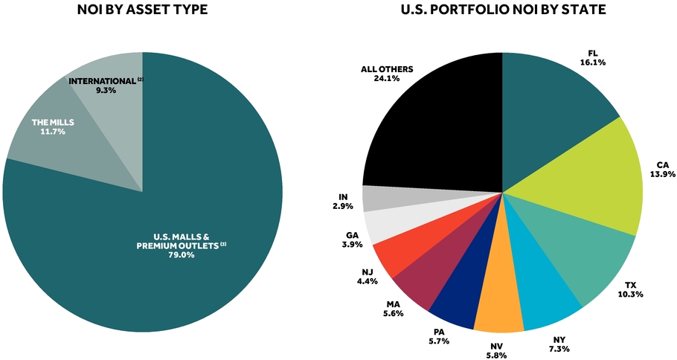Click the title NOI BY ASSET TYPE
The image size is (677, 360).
143,9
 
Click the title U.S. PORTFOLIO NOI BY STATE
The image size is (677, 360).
503,9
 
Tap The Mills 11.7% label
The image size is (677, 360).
53,127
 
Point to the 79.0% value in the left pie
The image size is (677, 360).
182,254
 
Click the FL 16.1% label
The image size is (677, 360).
593,58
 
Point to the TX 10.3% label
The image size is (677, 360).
630,289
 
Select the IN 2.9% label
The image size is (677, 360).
343,202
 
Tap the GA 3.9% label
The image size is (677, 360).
352,240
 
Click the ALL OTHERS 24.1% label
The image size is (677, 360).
387,74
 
